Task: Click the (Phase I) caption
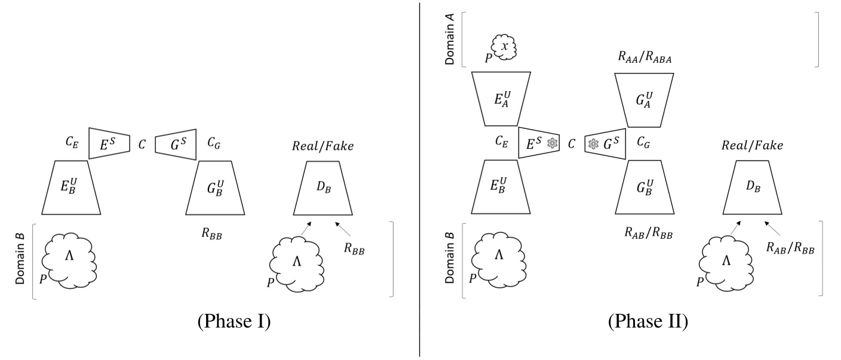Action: tap(234, 321)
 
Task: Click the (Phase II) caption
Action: tap(648, 321)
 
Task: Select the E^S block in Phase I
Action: tap(109, 143)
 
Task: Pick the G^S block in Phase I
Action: tap(176, 144)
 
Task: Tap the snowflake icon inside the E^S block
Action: tap(553, 143)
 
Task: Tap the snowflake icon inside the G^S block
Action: tap(593, 144)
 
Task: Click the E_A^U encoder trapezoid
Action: tap(501, 99)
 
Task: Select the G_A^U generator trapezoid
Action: tap(644, 100)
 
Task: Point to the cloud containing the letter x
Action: tap(504, 47)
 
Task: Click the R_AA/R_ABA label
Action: tap(644, 57)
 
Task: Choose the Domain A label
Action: tap(449, 39)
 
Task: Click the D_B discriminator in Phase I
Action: tap(323, 188)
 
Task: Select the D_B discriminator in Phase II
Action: tap(753, 187)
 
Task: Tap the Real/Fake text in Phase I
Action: tap(323, 146)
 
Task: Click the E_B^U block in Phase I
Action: tap(71, 187)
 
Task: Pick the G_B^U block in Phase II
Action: tap(644, 187)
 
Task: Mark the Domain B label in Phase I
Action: tap(20, 259)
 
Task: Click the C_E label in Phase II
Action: tap(502, 141)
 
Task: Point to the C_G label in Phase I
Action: tap(214, 143)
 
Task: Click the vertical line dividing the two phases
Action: tap(420, 180)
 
